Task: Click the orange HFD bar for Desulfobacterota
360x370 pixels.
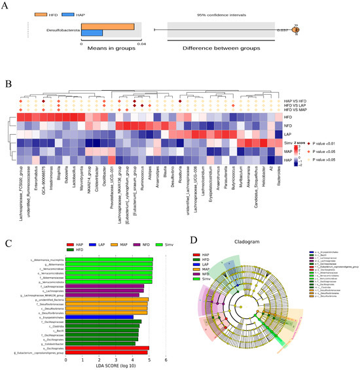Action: (x=107, y=27)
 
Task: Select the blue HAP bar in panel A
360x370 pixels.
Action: (x=92, y=33)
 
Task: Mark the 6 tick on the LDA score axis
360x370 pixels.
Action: (x=166, y=359)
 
